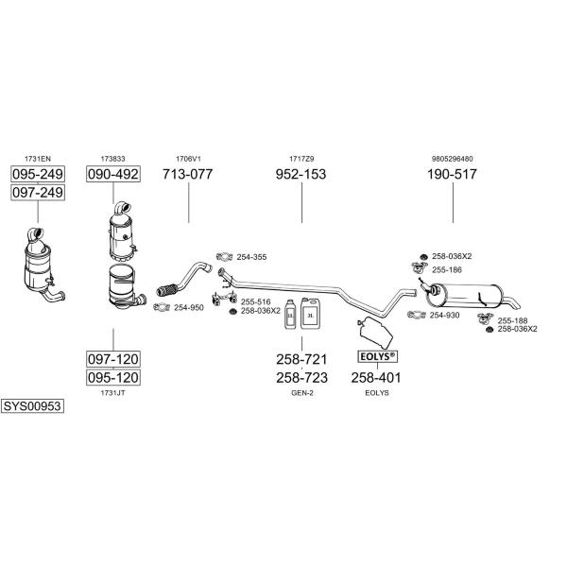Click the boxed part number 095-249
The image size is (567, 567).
38,174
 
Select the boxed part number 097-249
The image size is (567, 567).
38,193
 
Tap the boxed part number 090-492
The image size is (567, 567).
113,174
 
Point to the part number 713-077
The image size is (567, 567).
188,174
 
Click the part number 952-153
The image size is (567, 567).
301,174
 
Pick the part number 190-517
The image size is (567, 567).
452,174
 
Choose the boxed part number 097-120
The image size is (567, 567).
113,359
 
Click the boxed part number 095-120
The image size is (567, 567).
113,377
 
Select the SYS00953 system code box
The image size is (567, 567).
32,406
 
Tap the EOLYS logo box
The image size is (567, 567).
377,357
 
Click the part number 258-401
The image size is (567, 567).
376,377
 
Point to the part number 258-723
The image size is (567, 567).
302,377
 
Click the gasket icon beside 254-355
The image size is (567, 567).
224,257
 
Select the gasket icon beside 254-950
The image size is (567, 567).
162,307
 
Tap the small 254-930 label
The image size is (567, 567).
444,316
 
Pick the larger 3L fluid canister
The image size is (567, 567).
311,313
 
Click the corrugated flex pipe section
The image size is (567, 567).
167,290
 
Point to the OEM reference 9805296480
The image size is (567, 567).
452,159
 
